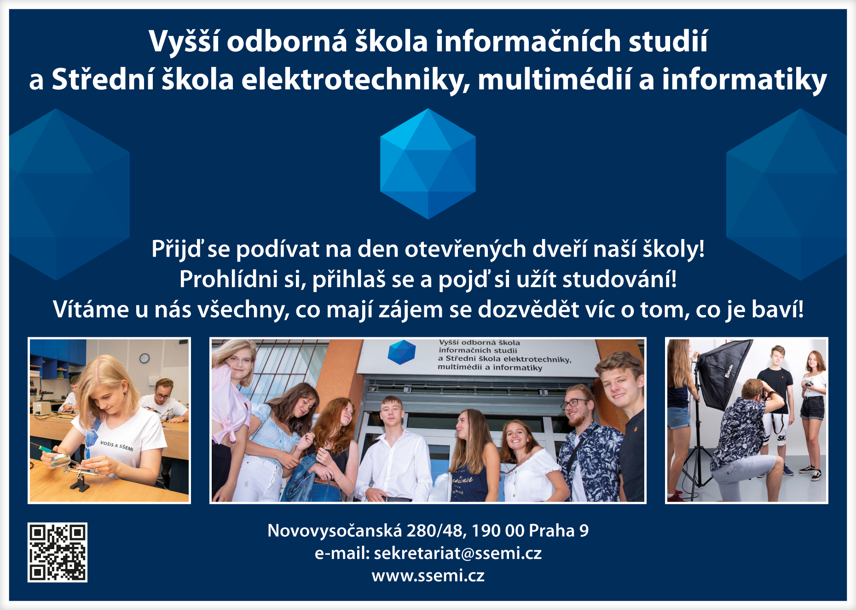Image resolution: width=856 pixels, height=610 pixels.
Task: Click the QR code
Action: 58,552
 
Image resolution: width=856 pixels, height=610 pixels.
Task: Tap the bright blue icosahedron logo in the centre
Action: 428,164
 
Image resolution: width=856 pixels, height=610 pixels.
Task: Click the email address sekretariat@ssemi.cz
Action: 457,553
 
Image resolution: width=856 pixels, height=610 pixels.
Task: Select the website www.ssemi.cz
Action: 428,575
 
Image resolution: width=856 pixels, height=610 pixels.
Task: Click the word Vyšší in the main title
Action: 184,42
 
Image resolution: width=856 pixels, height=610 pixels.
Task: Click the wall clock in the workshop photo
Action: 145,358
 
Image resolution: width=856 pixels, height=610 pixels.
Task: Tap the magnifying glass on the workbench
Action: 60,460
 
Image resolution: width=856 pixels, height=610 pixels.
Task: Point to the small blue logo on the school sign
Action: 401,352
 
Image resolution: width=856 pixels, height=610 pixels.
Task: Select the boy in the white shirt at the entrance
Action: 393,449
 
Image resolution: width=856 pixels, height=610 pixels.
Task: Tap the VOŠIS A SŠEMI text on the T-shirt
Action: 117,446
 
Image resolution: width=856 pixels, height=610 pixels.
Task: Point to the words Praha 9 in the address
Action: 559,531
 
